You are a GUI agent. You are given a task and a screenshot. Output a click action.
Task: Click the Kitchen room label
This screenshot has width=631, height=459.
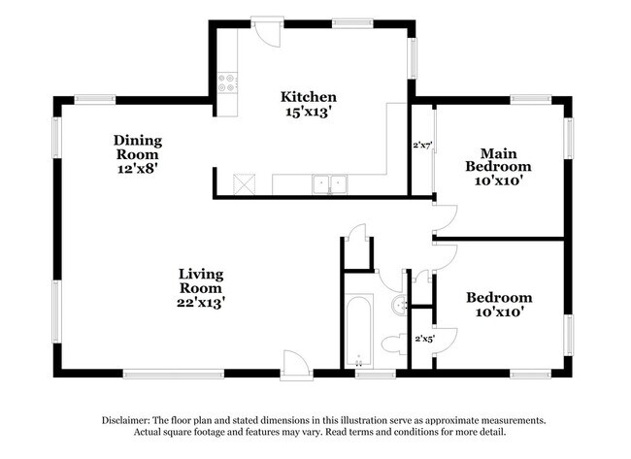[x=309, y=97]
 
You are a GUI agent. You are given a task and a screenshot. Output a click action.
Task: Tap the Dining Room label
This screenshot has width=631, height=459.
[x=138, y=148]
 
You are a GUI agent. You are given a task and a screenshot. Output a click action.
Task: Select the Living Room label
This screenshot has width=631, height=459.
[x=202, y=280]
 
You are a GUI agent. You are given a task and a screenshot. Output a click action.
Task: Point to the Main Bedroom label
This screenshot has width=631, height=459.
[x=506, y=159]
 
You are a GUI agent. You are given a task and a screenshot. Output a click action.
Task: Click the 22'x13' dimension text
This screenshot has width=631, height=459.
[x=202, y=303]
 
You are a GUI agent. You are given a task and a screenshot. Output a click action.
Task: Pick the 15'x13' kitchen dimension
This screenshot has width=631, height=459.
[x=309, y=112]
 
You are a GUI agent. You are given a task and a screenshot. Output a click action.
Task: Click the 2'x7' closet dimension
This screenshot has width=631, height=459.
[x=422, y=146]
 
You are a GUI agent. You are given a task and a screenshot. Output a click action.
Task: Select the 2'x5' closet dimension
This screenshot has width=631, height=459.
[x=424, y=339]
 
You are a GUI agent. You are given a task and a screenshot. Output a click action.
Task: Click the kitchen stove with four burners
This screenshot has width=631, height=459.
[x=229, y=84]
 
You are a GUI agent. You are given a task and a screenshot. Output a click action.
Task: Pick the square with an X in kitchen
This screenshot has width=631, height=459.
[x=245, y=182]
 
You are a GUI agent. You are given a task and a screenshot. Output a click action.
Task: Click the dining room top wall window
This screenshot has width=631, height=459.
[x=95, y=97]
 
